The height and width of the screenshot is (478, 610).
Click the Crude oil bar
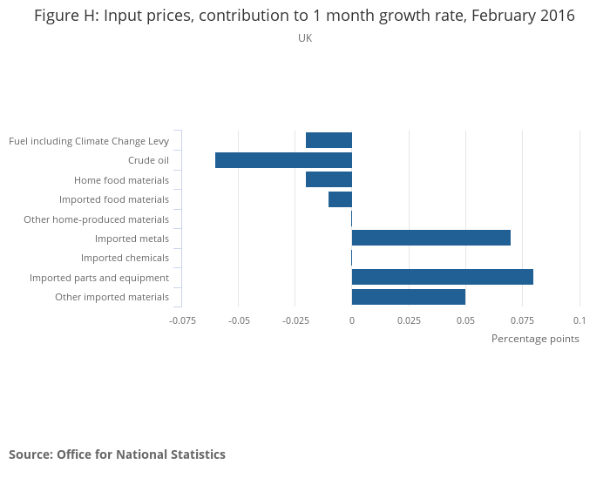point(283,160)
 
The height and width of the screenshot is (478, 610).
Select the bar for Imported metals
point(430,238)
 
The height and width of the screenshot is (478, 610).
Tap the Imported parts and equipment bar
point(442,277)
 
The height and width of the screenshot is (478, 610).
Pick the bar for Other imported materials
point(408,297)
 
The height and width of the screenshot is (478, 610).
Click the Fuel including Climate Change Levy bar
point(329,140)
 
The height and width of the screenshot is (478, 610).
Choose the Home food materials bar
point(329,179)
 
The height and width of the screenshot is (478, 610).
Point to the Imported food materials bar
point(340,199)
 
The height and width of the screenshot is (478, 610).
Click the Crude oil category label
point(148,160)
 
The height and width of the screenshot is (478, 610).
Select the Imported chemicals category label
point(125,258)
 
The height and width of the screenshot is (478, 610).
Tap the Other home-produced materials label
point(96,219)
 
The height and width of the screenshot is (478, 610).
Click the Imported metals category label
point(132,239)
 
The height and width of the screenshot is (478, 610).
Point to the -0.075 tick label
point(182,320)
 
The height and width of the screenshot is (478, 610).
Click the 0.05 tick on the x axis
point(465,320)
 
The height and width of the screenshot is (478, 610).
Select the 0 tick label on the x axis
point(352,320)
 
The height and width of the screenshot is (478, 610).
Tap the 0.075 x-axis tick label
point(522,320)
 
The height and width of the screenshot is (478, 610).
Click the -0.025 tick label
point(295,320)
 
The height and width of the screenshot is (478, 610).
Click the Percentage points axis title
point(535,339)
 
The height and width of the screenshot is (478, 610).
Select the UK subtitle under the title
point(305,38)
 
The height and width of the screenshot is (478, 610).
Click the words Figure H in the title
point(65,16)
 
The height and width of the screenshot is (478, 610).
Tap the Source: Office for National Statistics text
point(117,454)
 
